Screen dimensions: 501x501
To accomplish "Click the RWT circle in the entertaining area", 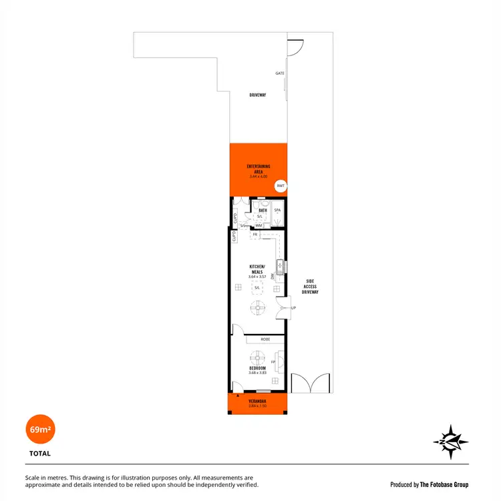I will click(281, 186).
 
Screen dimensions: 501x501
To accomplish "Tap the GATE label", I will click(280, 73).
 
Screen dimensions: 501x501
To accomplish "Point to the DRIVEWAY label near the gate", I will click(258, 95).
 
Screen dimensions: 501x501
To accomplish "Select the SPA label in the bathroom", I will click(278, 210).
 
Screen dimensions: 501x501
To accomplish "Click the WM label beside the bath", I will click(258, 226).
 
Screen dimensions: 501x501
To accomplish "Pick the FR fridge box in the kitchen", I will click(255, 235).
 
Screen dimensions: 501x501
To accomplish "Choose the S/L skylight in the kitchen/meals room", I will click(257, 288).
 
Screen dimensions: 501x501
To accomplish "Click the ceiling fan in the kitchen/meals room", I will click(257, 308).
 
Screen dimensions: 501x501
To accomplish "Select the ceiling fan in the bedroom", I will click(257, 357).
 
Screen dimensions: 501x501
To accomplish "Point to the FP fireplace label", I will click(273, 361).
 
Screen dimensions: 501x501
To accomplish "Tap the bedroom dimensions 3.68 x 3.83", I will click(257, 373).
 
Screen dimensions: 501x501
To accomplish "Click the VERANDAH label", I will click(257, 401).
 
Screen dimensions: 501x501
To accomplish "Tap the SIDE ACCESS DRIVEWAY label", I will click(310, 287).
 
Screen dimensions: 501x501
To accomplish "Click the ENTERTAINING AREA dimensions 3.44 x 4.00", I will click(258, 176).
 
